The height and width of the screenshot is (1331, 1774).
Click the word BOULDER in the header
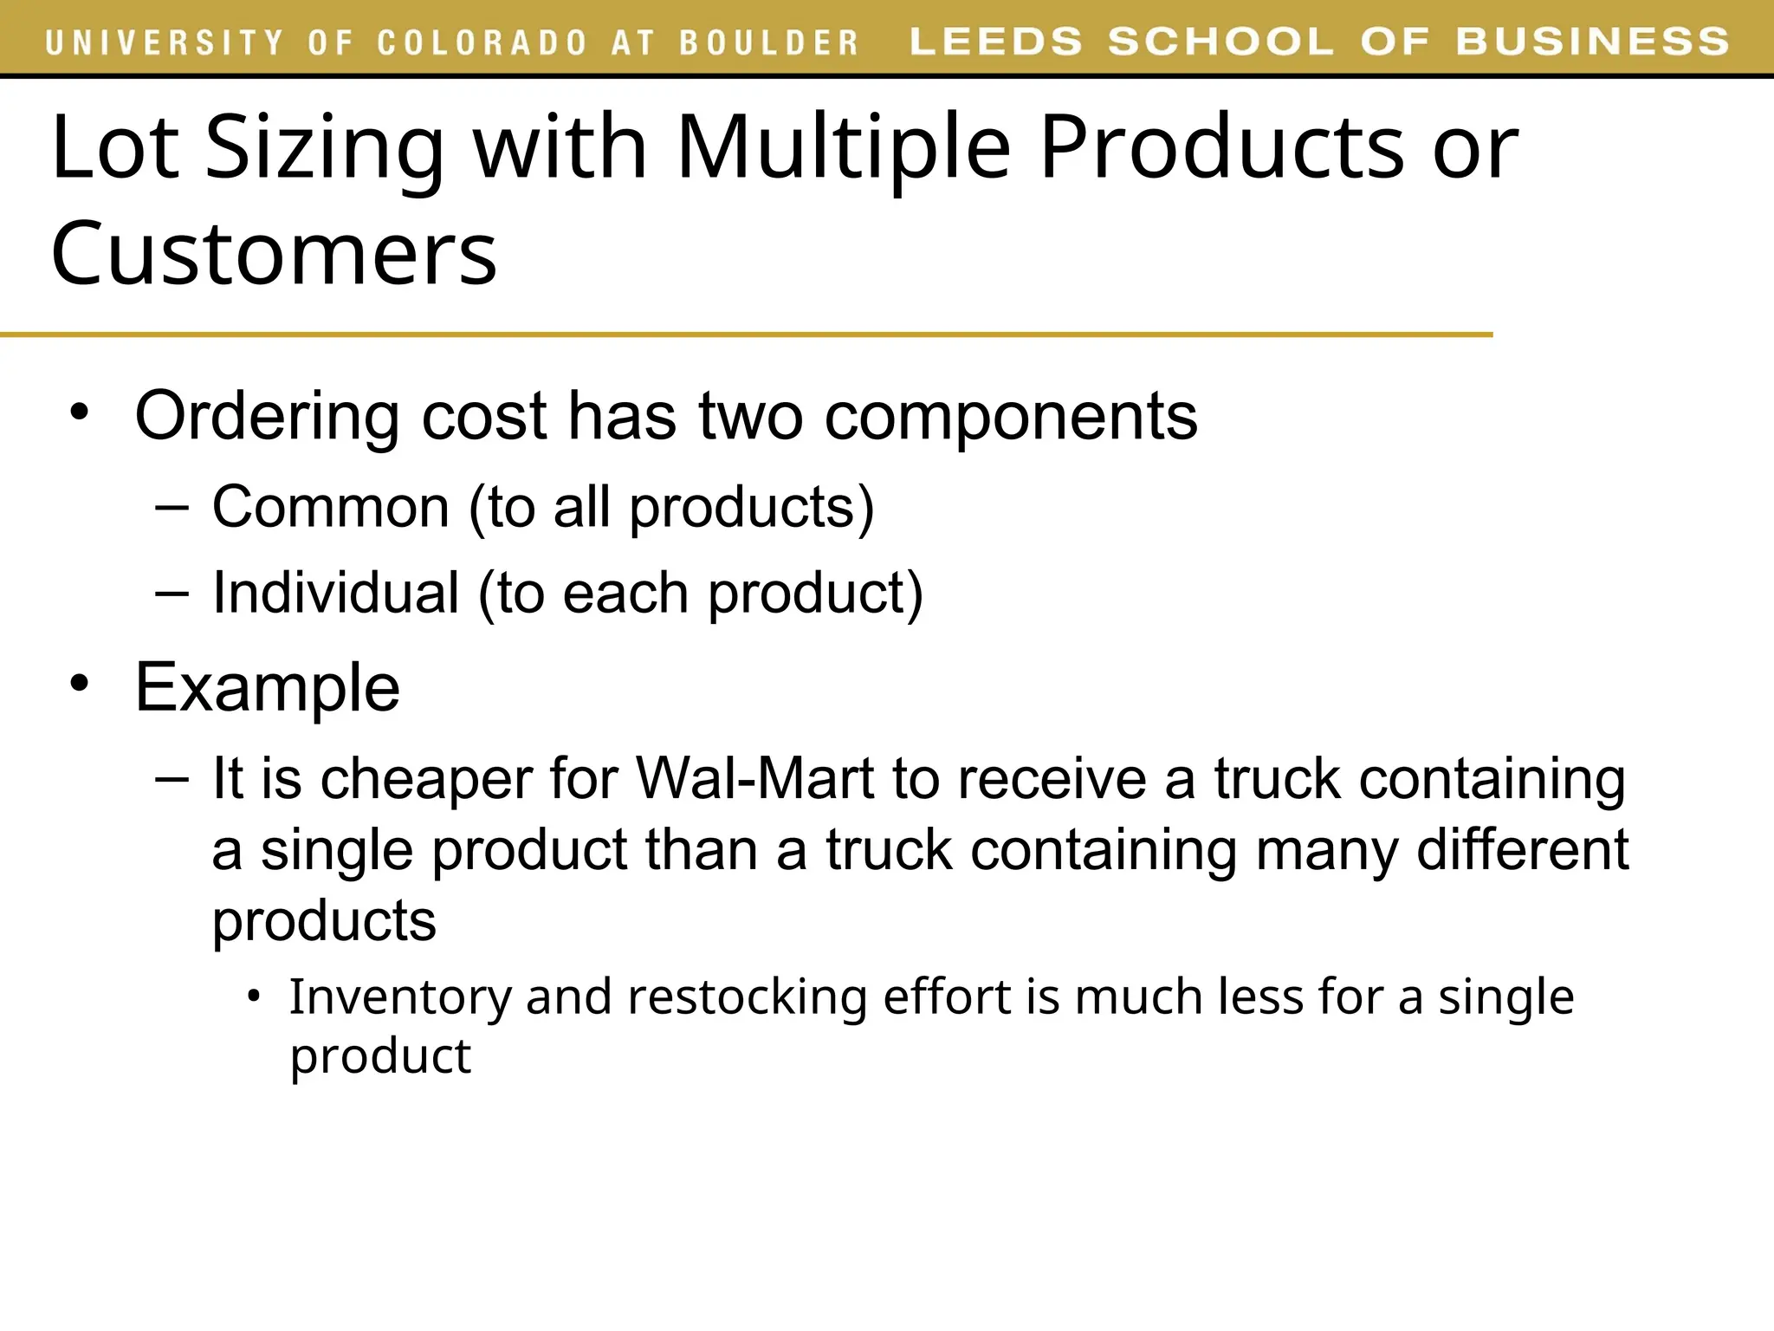[768, 42]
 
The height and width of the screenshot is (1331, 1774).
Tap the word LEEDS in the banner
[996, 42]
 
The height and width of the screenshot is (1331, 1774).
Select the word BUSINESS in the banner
[1592, 42]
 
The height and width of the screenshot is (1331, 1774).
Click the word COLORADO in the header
[483, 42]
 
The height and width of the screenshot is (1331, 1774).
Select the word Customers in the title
[274, 253]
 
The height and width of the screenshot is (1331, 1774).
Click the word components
[1011, 418]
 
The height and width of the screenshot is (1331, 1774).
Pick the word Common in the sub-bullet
[330, 507]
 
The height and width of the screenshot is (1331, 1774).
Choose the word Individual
[336, 594]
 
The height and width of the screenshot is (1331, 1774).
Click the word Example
[268, 688]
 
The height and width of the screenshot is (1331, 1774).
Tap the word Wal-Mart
[754, 778]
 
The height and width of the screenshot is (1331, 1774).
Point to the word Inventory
[400, 997]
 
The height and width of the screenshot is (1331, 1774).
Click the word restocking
[747, 997]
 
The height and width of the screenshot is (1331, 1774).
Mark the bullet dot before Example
[80, 684]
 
